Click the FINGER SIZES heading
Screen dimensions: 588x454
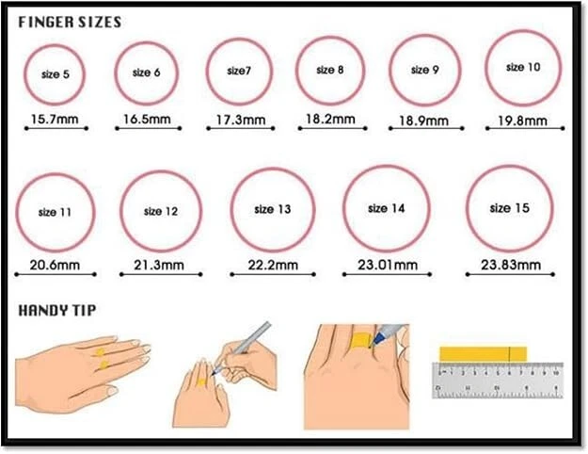70,23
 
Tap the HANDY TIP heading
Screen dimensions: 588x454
57,311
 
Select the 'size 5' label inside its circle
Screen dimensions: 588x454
56,74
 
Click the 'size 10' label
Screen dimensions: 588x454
523,67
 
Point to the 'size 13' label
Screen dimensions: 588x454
273,209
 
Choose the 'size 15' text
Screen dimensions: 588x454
510,207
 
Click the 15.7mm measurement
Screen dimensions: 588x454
55,120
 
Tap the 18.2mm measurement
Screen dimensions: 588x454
330,119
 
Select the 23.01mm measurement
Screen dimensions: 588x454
388,265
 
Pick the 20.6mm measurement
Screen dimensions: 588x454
55,265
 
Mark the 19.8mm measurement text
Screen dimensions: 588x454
522,121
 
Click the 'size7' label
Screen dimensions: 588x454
239,71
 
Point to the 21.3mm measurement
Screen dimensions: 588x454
159,265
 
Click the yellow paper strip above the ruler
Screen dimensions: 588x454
483,354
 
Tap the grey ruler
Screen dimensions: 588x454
498,381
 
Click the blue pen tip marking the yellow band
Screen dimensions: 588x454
372,345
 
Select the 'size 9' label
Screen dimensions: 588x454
425,70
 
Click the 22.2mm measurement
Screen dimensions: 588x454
273,265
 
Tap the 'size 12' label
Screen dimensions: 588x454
161,211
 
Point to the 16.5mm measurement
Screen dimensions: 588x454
147,120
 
